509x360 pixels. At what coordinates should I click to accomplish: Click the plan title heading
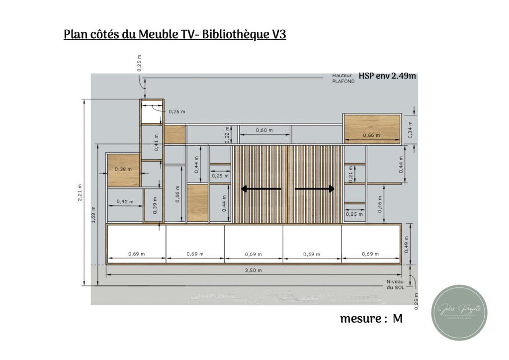click(175, 35)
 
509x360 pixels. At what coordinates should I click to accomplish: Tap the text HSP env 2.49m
click(387, 76)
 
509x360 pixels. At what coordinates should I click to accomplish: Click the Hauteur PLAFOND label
click(343, 79)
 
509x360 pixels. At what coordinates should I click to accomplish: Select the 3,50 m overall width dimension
click(253, 270)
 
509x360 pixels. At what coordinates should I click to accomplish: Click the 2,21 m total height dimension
click(80, 192)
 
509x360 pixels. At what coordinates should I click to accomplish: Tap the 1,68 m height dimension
click(93, 214)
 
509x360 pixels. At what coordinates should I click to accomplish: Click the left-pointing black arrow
click(261, 189)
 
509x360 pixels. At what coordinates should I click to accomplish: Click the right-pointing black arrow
click(315, 189)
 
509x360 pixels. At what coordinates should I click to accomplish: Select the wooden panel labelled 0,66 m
click(372, 128)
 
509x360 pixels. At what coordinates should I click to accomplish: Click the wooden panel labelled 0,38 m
click(124, 170)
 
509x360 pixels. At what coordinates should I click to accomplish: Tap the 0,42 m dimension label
click(125, 201)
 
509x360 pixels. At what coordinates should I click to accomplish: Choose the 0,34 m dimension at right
click(410, 129)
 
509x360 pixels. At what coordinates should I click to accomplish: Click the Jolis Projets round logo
click(459, 313)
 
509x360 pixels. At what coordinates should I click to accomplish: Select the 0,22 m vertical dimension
click(227, 135)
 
